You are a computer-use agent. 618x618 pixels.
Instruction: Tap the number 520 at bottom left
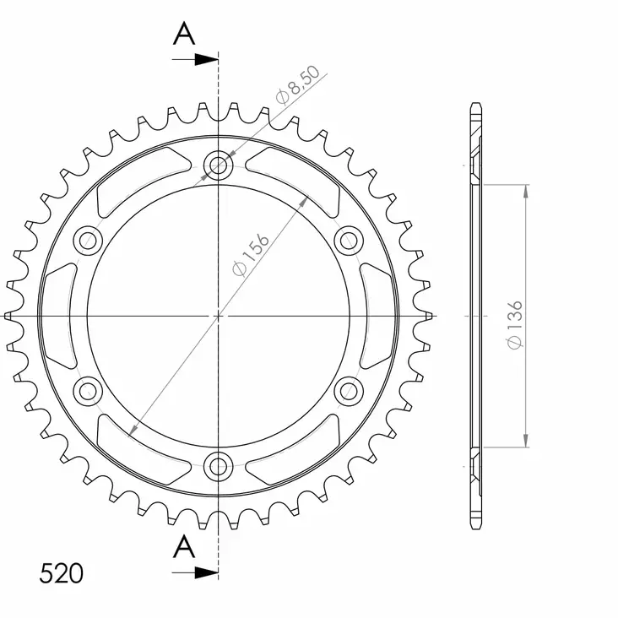pos(61,574)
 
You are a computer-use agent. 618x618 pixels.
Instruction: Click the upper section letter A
pos(184,34)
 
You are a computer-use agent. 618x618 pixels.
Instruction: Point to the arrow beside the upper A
pos(203,59)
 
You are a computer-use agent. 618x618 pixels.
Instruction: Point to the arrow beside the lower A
pos(203,572)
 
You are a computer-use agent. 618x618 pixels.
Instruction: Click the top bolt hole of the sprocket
pos(219,165)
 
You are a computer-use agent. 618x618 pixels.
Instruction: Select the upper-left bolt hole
pos(89,241)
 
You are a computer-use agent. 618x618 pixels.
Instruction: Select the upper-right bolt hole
pos(348,241)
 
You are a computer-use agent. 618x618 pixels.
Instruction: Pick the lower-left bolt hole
pos(89,389)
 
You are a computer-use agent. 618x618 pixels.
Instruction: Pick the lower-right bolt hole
pos(348,389)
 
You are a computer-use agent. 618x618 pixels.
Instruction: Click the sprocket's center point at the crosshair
pos(219,315)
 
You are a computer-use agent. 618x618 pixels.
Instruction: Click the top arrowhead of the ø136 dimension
pos(526,191)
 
